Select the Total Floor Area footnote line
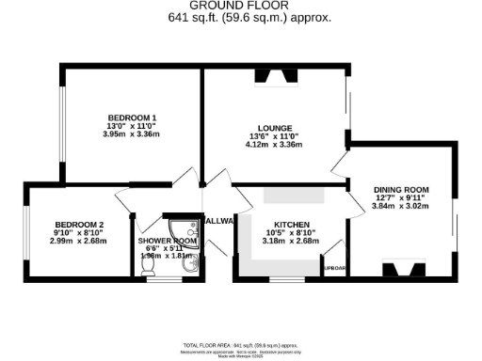(x=242, y=346)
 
